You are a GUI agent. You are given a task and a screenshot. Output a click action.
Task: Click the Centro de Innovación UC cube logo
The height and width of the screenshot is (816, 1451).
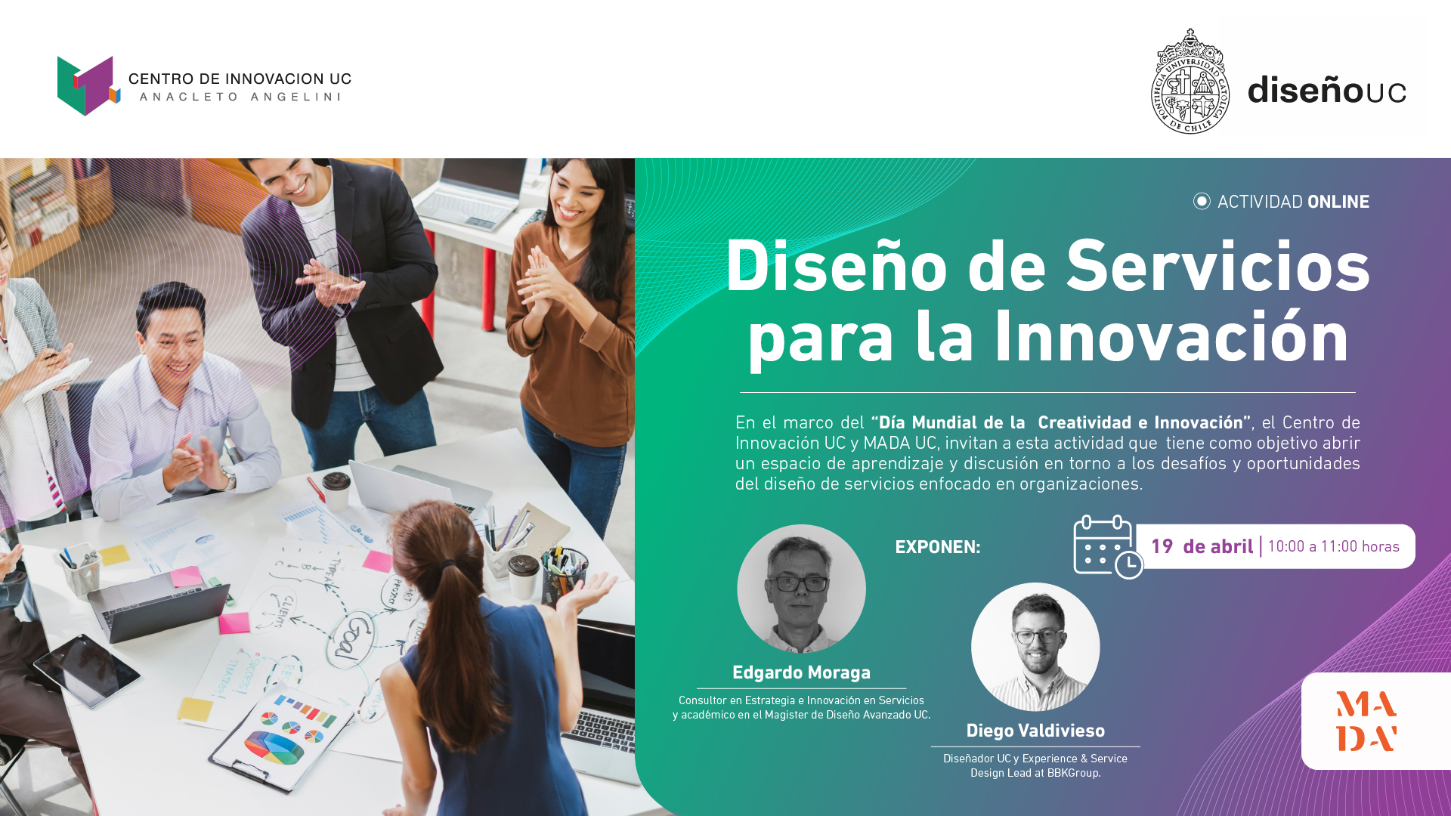(x=88, y=85)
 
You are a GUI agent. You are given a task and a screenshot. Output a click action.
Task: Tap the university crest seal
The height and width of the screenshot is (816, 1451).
(x=1190, y=82)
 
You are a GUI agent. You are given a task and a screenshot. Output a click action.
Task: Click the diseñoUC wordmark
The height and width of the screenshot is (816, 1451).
(x=1326, y=89)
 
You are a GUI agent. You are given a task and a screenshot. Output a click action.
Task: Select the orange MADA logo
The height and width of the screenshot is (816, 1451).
(x=1366, y=721)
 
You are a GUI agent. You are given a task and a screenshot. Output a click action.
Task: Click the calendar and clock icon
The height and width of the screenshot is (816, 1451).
(x=1108, y=547)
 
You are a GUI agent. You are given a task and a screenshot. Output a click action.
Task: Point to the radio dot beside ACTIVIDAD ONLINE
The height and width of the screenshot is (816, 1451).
(x=1202, y=201)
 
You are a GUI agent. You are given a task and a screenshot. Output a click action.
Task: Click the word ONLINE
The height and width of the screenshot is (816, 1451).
(x=1338, y=202)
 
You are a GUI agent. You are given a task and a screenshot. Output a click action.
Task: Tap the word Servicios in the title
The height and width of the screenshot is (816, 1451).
(x=1217, y=266)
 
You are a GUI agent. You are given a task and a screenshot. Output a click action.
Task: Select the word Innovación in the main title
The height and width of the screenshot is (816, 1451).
(x=1171, y=336)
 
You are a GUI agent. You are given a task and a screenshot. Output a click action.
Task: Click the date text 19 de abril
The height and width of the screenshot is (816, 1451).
(x=1202, y=546)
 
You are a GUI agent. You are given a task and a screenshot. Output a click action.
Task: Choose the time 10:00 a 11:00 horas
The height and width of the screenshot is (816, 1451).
(x=1333, y=546)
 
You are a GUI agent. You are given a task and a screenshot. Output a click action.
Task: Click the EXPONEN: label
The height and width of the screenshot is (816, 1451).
(x=937, y=547)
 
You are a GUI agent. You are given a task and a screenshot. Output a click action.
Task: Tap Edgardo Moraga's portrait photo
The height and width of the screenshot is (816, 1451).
(x=801, y=589)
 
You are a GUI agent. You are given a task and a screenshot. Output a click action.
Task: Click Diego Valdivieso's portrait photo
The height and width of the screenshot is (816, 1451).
(x=1035, y=647)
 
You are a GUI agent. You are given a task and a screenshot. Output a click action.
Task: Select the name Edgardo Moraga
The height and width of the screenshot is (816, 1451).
(x=801, y=672)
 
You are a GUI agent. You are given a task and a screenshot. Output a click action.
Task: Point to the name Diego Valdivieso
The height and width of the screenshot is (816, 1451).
(x=1035, y=731)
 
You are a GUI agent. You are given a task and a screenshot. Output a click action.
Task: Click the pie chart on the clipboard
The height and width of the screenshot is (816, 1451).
(x=274, y=747)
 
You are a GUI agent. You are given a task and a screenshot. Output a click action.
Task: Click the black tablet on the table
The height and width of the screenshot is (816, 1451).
(x=76, y=670)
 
